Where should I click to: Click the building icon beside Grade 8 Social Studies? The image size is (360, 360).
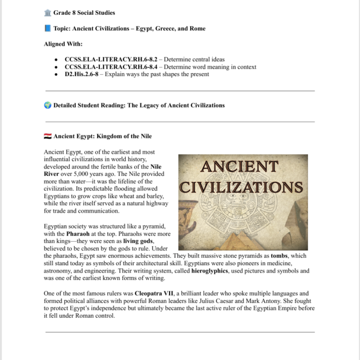[x=47, y=13]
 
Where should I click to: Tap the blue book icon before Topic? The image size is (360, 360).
[x=47, y=29]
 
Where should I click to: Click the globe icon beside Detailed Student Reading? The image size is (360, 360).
[x=47, y=105]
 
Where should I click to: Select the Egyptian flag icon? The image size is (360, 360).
[x=47, y=137]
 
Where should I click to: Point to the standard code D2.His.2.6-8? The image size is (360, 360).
[x=82, y=74]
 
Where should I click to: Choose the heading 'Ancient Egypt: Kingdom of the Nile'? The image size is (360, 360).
[x=102, y=137]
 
